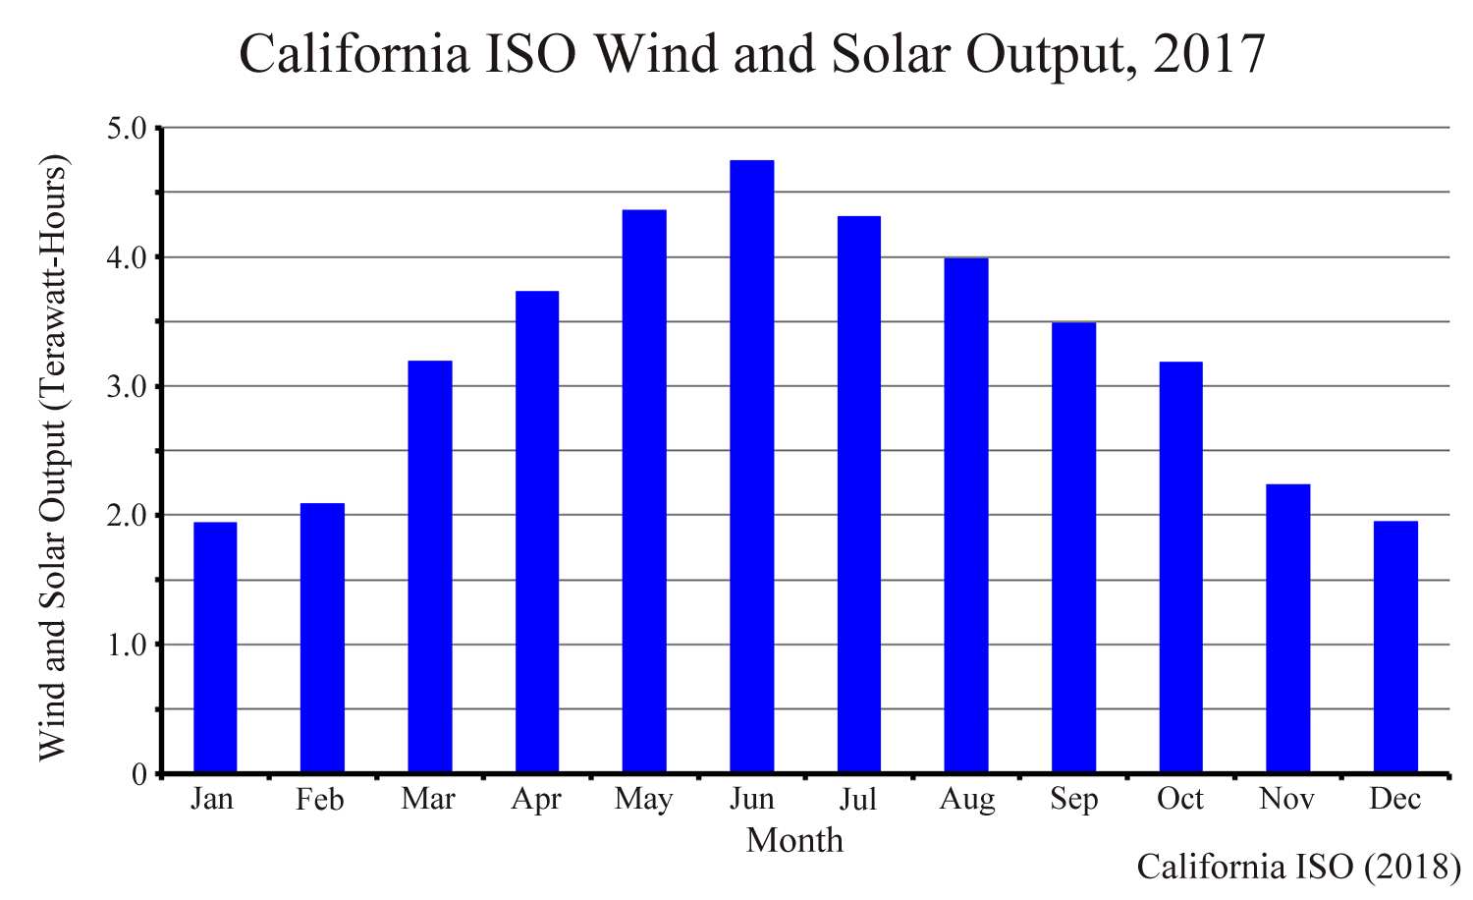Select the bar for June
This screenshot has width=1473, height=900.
751,467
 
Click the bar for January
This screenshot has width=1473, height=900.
215,647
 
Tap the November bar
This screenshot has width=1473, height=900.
1287,629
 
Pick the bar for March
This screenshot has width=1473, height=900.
430,567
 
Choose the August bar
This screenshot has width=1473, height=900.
966,516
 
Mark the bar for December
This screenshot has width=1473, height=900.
1395,647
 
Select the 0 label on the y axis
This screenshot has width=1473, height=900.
139,775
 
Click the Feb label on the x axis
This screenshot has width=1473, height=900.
320,801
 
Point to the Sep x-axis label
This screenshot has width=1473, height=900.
1073,801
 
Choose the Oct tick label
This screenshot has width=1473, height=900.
1180,800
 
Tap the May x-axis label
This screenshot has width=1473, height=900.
643,801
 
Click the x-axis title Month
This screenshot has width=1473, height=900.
794,841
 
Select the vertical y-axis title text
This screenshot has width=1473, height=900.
54,457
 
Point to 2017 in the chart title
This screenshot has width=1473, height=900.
1210,54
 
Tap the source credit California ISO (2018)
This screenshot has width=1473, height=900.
1298,868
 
